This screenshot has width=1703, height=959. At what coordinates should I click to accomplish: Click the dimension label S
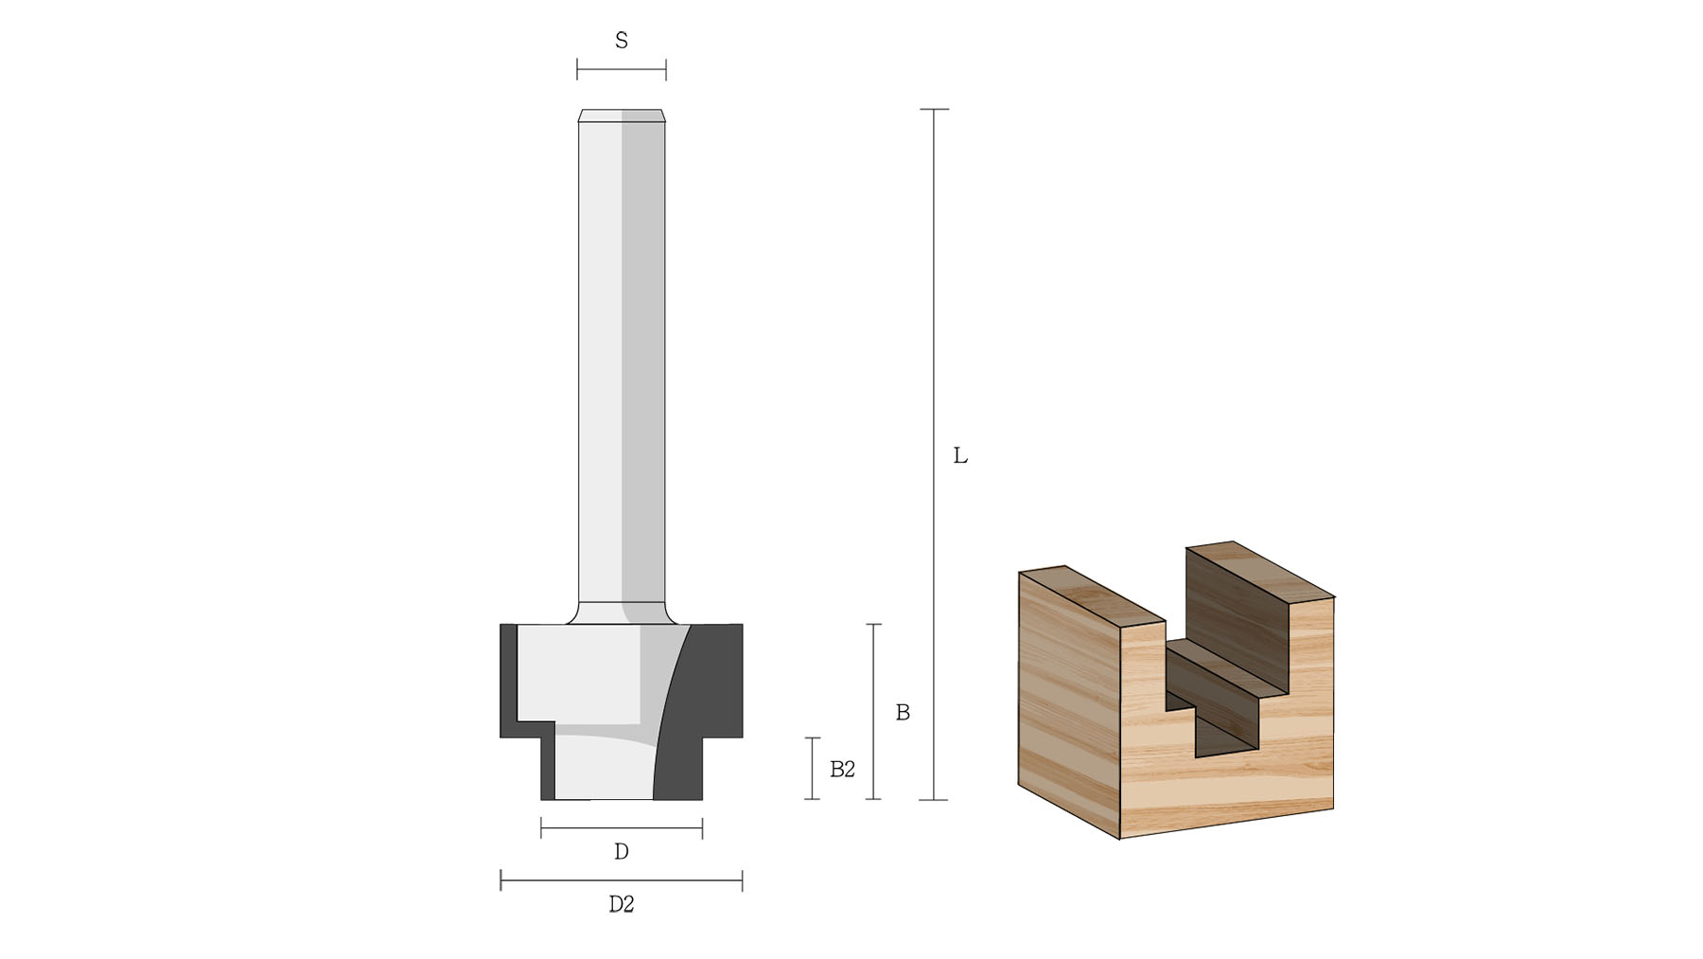tap(622, 41)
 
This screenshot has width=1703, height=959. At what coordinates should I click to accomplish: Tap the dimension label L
tap(960, 456)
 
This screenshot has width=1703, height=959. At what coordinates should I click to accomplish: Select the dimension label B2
tap(842, 770)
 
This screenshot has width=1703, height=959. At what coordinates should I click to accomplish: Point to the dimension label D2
tap(621, 905)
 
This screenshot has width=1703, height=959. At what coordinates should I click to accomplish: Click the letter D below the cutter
tap(622, 852)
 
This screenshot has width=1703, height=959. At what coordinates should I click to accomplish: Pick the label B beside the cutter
tap(903, 713)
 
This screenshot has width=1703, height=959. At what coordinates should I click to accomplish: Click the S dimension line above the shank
tap(622, 69)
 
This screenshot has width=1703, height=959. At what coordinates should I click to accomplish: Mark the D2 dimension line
tap(621, 881)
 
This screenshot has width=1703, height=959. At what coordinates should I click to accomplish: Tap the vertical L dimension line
tap(934, 454)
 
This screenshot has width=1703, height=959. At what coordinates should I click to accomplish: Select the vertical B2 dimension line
tap(812, 769)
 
